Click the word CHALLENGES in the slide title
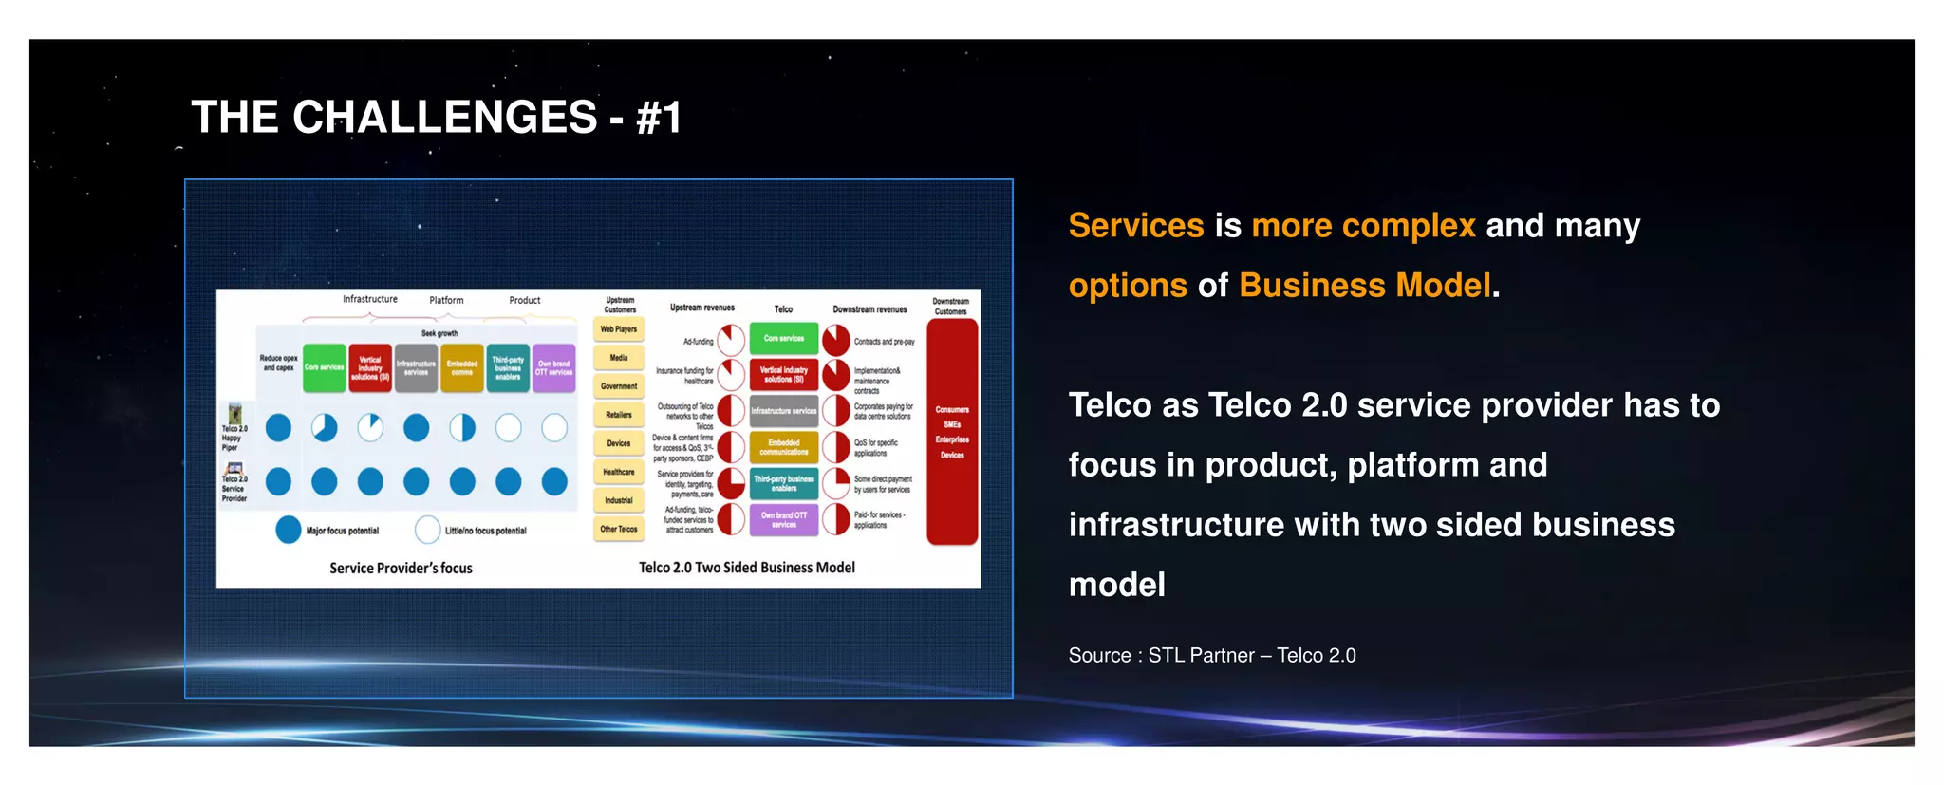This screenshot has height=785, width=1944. pos(444,119)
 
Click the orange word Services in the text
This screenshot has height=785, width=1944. pos(1135,226)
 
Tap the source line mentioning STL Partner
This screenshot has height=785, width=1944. pos(1211,656)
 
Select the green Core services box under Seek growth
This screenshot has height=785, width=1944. pos(324,368)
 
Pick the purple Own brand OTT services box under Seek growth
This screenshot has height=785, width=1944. pos(554,368)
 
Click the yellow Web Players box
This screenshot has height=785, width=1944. pos(619,329)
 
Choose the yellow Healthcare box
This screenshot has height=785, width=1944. pos(619,472)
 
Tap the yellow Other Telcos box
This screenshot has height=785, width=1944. pos(619,529)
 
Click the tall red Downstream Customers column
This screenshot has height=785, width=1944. pos(952,432)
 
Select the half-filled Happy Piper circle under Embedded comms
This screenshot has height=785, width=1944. pos(462,428)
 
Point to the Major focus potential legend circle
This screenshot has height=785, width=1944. pos(289,530)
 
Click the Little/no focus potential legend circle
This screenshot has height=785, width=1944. pos(428,530)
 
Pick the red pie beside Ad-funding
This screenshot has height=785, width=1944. pos(731,340)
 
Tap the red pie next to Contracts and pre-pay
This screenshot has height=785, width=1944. pos(836,340)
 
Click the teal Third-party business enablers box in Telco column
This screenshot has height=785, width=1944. pos(784,484)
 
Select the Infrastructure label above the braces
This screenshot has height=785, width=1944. pos(370,299)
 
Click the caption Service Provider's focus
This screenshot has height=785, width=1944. pos(401,569)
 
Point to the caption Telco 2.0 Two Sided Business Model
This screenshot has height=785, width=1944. pos(746,568)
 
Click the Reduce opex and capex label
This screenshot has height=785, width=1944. pos(278,363)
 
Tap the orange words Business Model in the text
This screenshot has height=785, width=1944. pos(1365,286)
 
